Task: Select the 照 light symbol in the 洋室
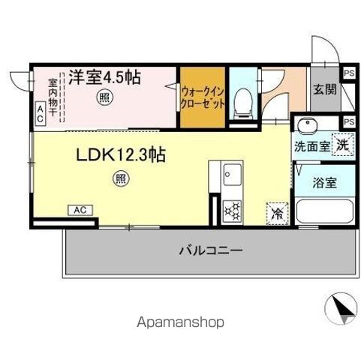[105, 97]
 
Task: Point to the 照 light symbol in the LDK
[119, 178]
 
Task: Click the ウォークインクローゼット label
[202, 97]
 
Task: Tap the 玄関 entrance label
[325, 88]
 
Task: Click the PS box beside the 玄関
[349, 73]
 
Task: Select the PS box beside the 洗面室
[348, 122]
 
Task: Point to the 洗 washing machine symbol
[341, 145]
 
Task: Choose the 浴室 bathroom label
[325, 182]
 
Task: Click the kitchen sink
[230, 179]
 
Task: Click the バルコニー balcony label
[209, 251]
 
